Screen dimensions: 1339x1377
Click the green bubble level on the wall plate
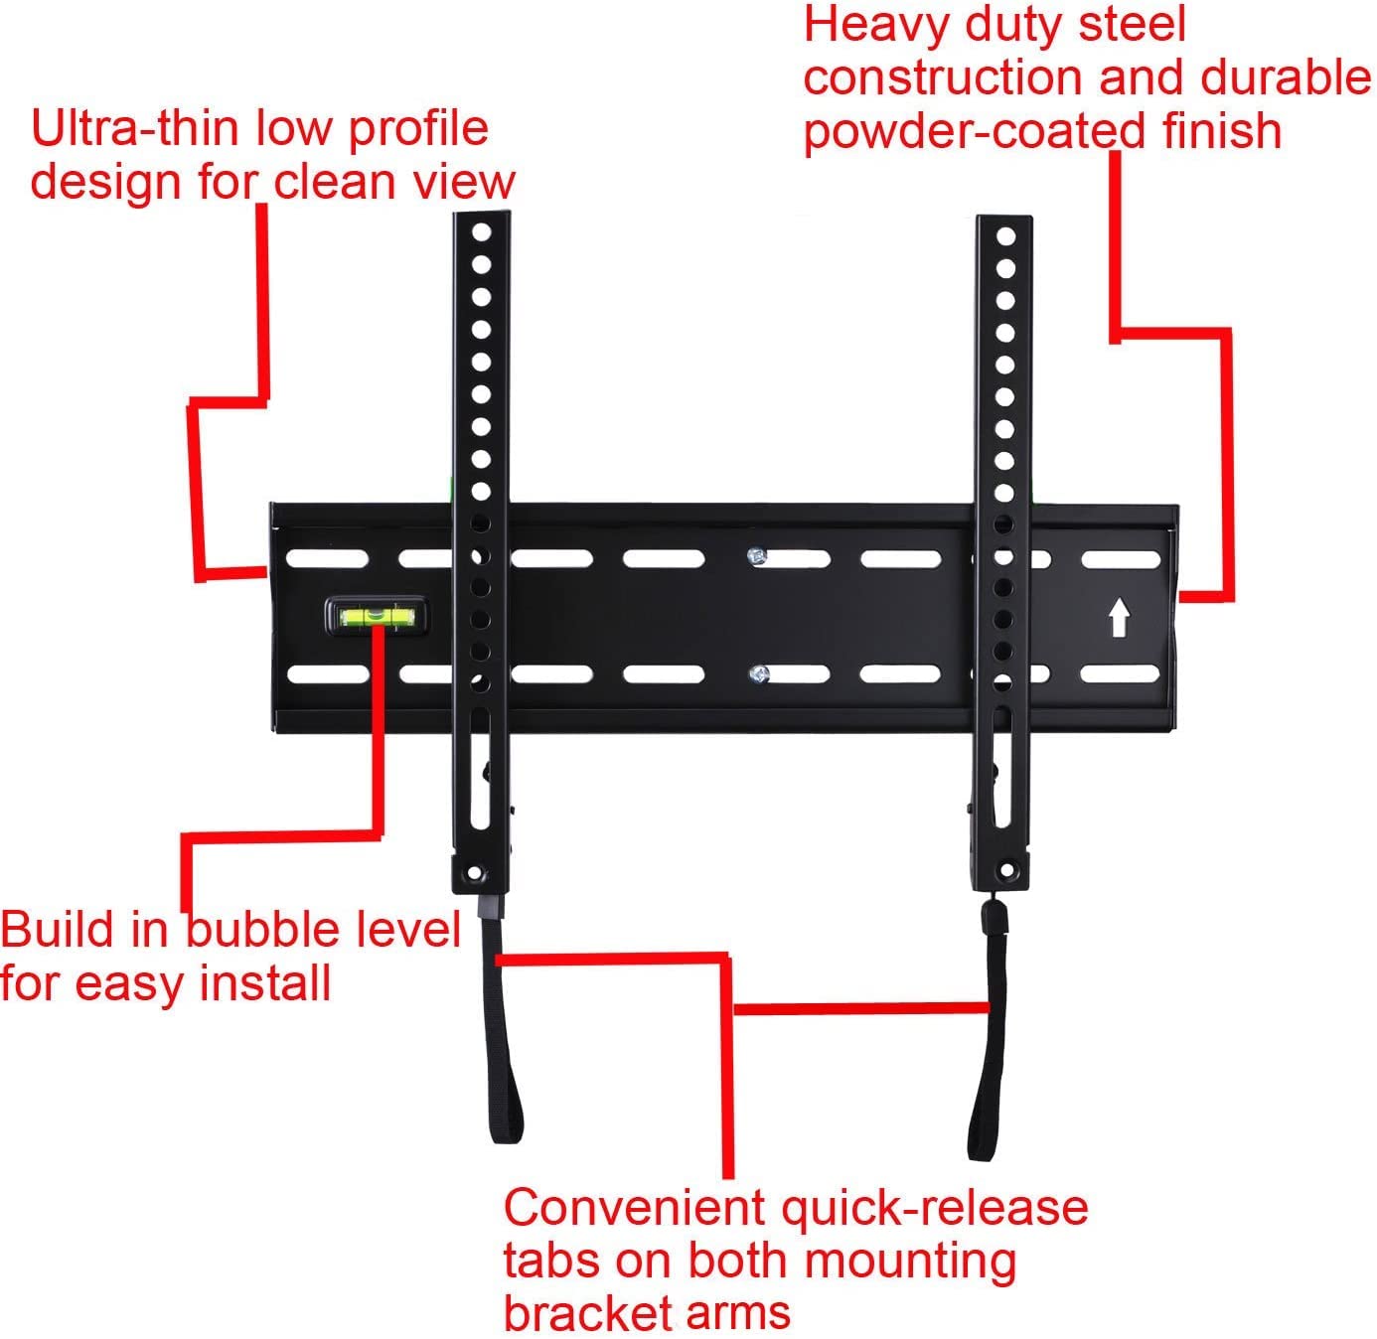point(376,617)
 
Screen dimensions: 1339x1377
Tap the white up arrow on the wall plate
point(1119,617)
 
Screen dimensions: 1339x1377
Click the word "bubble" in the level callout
point(252,931)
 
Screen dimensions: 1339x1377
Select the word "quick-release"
point(934,1208)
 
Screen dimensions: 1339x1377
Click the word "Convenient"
point(637,1208)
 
